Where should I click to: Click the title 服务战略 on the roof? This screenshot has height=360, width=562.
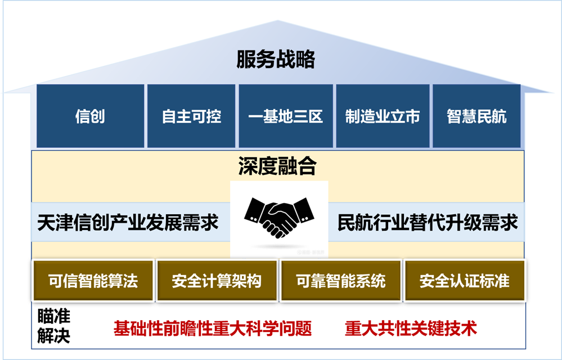[x=275, y=59]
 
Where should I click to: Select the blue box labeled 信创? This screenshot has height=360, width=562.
[x=90, y=116]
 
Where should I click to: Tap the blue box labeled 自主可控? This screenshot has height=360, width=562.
[x=191, y=116]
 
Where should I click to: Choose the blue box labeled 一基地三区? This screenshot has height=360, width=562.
[x=286, y=116]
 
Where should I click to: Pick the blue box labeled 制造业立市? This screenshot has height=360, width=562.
[x=382, y=116]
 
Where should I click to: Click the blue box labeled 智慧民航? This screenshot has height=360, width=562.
[x=476, y=116]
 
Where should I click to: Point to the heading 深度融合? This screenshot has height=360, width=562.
[x=277, y=166]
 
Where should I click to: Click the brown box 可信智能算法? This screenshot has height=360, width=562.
[x=93, y=280]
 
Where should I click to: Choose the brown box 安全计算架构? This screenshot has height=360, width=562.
[x=217, y=280]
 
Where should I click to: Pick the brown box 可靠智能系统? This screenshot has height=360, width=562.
[x=341, y=280]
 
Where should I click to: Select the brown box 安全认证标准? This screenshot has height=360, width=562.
[x=464, y=280]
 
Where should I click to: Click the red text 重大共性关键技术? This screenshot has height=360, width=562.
[x=411, y=328]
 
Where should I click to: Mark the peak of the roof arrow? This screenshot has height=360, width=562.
[x=277, y=21]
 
